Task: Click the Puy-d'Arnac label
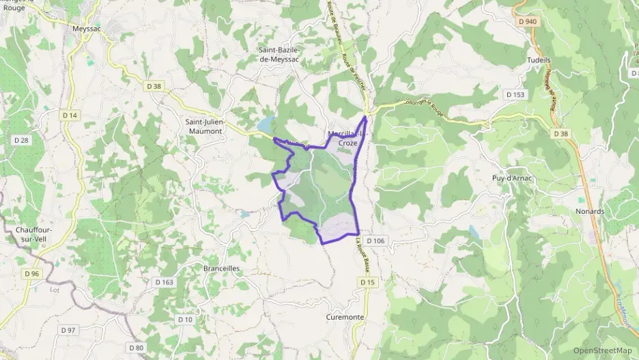[x=511, y=179]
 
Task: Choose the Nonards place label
[x=590, y=211]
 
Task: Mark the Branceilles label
[x=222, y=268]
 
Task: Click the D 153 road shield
[x=515, y=94]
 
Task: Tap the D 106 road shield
[x=375, y=240]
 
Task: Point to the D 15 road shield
[x=367, y=282]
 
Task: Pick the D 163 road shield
[x=165, y=281]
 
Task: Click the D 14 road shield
[x=69, y=115]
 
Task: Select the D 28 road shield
[x=21, y=140]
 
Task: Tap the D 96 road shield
[x=30, y=274]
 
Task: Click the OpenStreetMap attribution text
[x=602, y=350]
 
